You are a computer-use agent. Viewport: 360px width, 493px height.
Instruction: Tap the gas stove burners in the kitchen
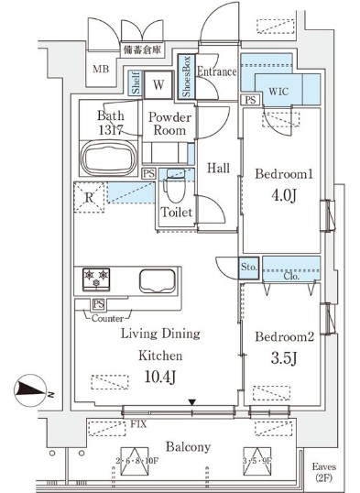click(x=96, y=277)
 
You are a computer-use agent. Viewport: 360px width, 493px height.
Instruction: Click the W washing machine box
click(x=158, y=85)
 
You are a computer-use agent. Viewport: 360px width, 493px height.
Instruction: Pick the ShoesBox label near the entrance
click(x=187, y=77)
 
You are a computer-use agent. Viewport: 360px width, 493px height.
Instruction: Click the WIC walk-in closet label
click(x=280, y=91)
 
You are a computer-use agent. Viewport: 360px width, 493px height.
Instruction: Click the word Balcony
click(x=188, y=446)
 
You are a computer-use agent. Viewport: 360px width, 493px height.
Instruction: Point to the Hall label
click(x=217, y=168)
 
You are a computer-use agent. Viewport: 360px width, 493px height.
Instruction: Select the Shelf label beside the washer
click(x=136, y=86)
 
